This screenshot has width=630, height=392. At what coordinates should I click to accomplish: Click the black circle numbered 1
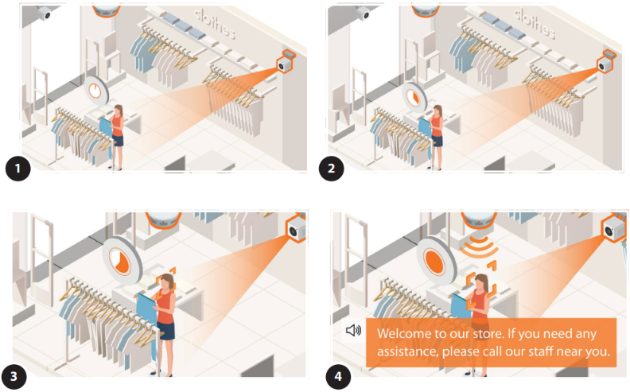(x=18, y=169)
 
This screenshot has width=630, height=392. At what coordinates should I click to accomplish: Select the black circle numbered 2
(x=332, y=169)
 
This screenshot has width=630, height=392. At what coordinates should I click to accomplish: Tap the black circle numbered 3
(x=14, y=376)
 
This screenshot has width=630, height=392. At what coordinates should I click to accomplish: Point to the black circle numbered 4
(x=338, y=376)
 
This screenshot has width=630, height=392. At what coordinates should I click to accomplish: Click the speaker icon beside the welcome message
(x=353, y=331)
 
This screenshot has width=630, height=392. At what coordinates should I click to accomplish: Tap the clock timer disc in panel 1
(x=96, y=91)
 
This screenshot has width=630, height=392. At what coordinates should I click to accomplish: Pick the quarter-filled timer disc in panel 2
(x=414, y=98)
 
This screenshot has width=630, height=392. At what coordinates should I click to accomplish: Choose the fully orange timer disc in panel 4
(x=436, y=262)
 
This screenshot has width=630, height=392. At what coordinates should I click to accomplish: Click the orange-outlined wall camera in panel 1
(x=286, y=61)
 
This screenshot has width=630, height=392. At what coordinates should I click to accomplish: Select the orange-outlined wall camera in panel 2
(x=606, y=61)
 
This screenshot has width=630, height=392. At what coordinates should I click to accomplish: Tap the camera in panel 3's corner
(x=297, y=228)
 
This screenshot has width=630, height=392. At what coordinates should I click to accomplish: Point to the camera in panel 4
(x=613, y=228)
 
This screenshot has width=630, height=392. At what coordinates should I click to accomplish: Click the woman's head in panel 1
(x=119, y=110)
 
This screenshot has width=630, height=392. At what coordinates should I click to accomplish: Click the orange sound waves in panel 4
(x=479, y=246)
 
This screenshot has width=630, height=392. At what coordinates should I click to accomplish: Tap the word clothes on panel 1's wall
(x=214, y=23)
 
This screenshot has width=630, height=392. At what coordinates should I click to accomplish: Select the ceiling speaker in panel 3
(x=163, y=219)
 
